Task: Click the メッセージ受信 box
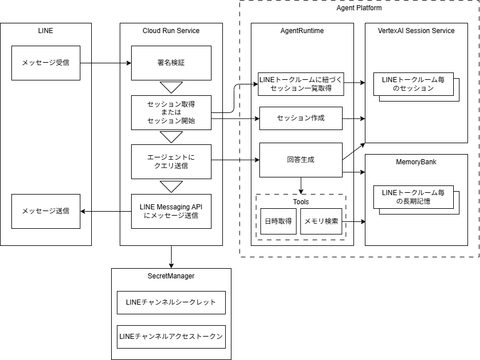coord(46,63)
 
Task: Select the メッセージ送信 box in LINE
coord(46,211)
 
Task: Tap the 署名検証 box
coord(171,63)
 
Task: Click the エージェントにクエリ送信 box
coord(171,162)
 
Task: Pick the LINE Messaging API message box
coord(171,211)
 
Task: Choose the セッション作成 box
coord(301,118)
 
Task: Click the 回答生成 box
coord(301,160)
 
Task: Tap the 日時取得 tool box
coord(278,221)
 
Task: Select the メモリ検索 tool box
coord(321,221)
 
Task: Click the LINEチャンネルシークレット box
coord(171,302)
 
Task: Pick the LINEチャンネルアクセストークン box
coord(171,337)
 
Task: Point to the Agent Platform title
coord(359,8)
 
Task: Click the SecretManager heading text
coord(171,276)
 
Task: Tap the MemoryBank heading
coord(416,162)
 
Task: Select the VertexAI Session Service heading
coord(416,31)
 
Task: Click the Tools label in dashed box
coord(301,202)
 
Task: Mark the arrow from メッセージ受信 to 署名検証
coord(105,63)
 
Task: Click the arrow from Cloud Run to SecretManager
coord(171,257)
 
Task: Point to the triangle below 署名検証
coord(171,87)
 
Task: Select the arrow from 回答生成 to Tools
coord(301,185)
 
